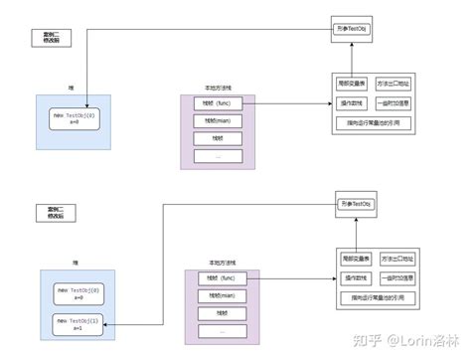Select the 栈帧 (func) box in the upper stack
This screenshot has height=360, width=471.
217,102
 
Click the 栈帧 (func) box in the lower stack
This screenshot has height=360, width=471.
222,276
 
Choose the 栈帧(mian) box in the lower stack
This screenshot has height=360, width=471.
222,294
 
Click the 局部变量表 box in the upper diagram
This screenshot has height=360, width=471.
352,85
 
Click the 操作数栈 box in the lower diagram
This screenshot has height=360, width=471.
357,277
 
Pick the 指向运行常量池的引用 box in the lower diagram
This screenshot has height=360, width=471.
379,297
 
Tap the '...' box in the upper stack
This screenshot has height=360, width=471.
217,156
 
